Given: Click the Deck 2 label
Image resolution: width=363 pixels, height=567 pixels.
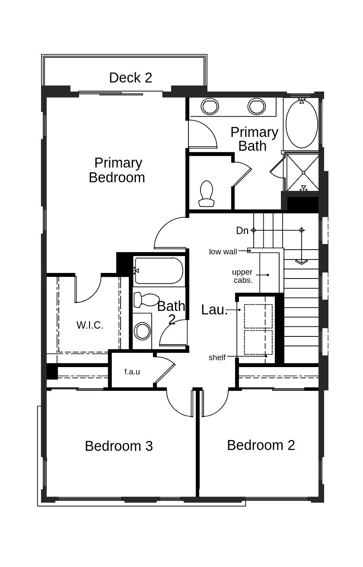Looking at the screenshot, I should tap(131, 78).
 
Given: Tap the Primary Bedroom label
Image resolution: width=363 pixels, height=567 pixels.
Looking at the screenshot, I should tap(117, 170).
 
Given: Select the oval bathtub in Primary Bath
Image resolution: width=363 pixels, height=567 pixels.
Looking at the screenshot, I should tap(302, 124).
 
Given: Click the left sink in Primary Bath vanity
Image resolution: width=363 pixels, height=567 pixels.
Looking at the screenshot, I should tap(210, 106).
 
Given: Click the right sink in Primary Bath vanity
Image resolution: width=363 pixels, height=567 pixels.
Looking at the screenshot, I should tap(256, 106).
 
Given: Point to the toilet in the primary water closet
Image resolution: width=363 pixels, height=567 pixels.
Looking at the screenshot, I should tap(207, 193).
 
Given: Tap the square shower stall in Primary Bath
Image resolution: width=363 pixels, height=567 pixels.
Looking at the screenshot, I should tap(303, 172).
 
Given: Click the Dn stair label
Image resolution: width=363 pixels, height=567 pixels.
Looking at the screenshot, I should tap(242, 231).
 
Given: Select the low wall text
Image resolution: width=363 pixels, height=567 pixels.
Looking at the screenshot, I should tap(223, 252).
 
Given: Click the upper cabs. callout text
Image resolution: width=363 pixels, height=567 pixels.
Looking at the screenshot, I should tap(242, 276).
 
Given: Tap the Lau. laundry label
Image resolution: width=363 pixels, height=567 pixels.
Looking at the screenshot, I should tap(214, 310).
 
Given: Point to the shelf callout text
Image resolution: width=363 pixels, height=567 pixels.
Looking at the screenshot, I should tap(217, 358).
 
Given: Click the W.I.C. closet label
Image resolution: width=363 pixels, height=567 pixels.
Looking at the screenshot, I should tap(90, 326).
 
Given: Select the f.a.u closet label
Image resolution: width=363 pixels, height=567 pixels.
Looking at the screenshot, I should tap(132, 372).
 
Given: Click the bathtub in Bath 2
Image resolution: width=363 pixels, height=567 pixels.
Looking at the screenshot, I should tap(158, 271).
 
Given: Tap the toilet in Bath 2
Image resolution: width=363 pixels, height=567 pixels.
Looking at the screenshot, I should tap(146, 299).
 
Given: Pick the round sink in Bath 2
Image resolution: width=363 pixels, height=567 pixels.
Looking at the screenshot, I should tap(142, 331).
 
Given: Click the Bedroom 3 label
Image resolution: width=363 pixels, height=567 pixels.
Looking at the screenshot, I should tap(119, 446).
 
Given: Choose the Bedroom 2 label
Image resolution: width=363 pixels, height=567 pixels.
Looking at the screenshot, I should tap(261, 445).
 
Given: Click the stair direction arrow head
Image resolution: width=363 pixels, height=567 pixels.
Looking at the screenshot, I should tap(302, 261).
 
